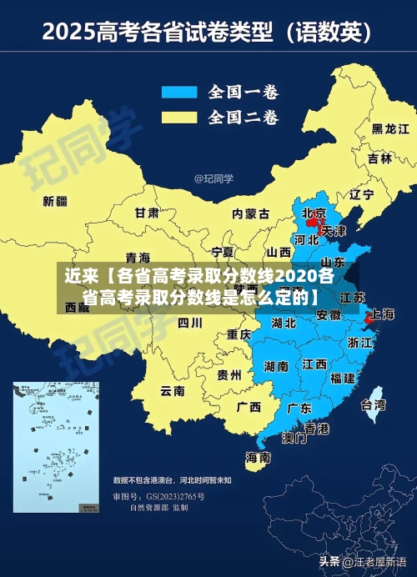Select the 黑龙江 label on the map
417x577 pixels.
pos(389,129)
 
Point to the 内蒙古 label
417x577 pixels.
pos(250,213)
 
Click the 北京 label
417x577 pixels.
pos(314,212)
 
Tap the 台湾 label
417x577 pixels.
pos(373,405)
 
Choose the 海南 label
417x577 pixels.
pos(258,457)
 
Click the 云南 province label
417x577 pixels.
pos(173,390)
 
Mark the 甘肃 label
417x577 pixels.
pos(147,213)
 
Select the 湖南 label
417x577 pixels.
pos(276,365)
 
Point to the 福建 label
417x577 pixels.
pos(342,378)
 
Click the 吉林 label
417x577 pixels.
pos(379,158)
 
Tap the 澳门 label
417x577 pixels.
pos(293,437)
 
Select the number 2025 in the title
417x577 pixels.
pos(69,34)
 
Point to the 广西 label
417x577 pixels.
pos(248,407)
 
